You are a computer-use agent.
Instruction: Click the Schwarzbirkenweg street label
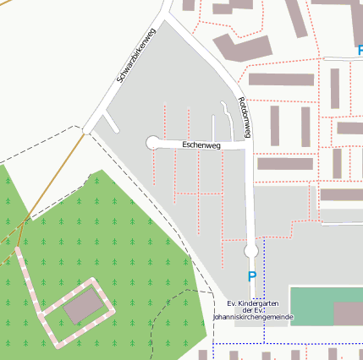136,57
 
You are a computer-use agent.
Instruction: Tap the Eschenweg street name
201,146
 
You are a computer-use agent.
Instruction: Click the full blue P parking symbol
251,276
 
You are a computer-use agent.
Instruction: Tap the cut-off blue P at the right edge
360,51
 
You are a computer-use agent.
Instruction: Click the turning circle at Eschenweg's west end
153,143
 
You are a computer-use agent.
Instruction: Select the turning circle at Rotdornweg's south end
250,251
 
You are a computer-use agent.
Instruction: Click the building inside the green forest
82,306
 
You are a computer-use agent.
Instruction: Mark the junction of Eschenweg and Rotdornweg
248,146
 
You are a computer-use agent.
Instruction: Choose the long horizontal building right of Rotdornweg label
281,79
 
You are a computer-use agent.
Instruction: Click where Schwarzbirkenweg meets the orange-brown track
85,131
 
